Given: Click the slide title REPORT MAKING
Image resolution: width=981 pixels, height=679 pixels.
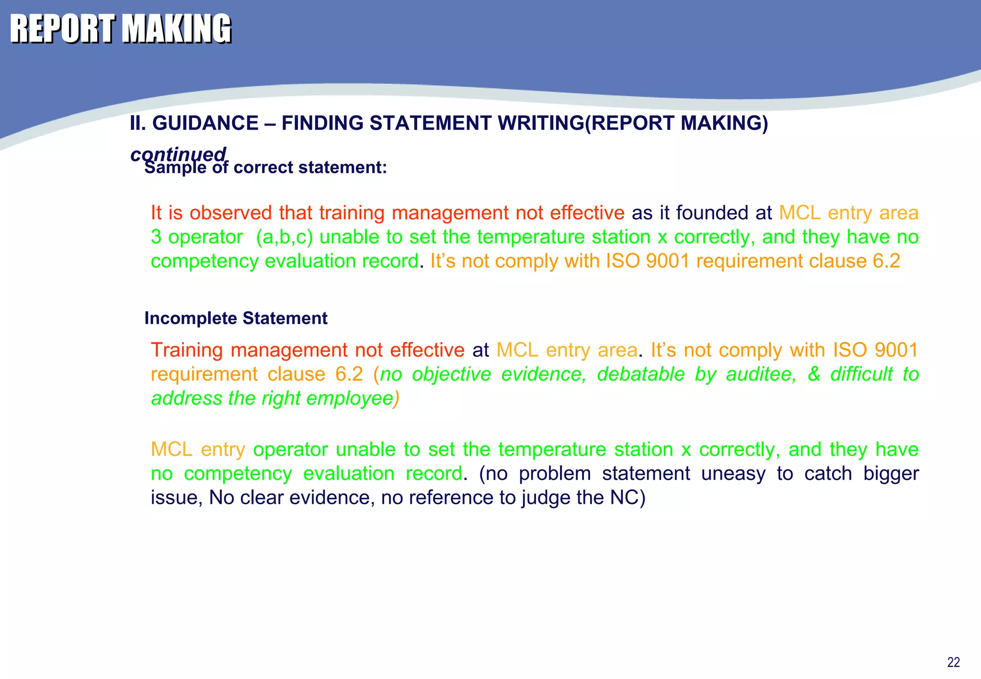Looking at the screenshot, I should point(121,29).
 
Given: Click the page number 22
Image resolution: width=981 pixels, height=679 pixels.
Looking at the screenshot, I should point(953,662).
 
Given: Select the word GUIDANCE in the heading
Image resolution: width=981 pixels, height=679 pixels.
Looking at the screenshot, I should point(205,124).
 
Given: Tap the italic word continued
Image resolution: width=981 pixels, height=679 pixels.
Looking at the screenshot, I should point(178,154).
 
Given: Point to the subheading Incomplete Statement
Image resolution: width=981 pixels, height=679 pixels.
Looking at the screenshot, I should point(236,318).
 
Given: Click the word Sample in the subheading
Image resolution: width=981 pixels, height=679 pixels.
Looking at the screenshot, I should point(175,168).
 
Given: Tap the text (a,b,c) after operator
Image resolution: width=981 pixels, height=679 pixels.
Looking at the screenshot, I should point(284,237).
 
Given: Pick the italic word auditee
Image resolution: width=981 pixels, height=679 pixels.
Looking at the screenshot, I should point(761,374).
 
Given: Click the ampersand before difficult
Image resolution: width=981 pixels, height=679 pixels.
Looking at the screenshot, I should point(814,374).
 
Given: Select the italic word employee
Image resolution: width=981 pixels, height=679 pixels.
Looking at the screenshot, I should point(352,398).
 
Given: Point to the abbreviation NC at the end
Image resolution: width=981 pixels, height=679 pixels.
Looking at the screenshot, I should point(625,498).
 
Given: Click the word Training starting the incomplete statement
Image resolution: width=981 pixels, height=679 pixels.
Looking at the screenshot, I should point(186,350).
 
